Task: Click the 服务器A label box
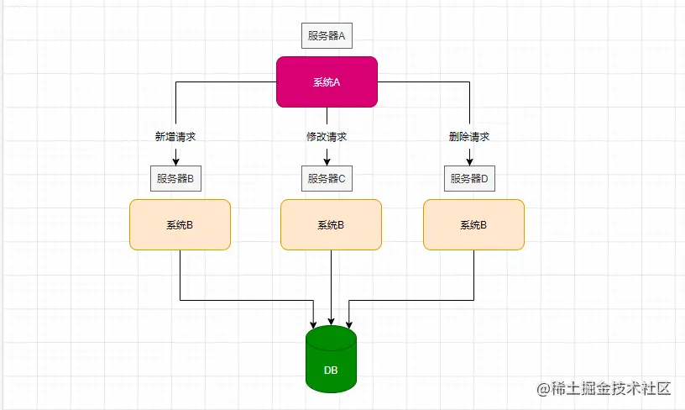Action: [x=327, y=35]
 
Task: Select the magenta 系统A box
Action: [x=327, y=81]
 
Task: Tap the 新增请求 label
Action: [x=175, y=136]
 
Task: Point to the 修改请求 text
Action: [x=327, y=136]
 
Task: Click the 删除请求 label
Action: [x=469, y=136]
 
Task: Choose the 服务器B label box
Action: [x=175, y=178]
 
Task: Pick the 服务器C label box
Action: [x=327, y=178]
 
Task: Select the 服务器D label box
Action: [x=469, y=178]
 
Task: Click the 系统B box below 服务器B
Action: [x=180, y=224]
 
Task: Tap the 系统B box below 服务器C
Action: [x=331, y=224]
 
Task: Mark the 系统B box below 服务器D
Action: [x=473, y=224]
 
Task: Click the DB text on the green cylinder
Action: [x=331, y=370]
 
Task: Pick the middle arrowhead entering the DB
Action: [x=331, y=323]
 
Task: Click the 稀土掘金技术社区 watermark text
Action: [x=609, y=388]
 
